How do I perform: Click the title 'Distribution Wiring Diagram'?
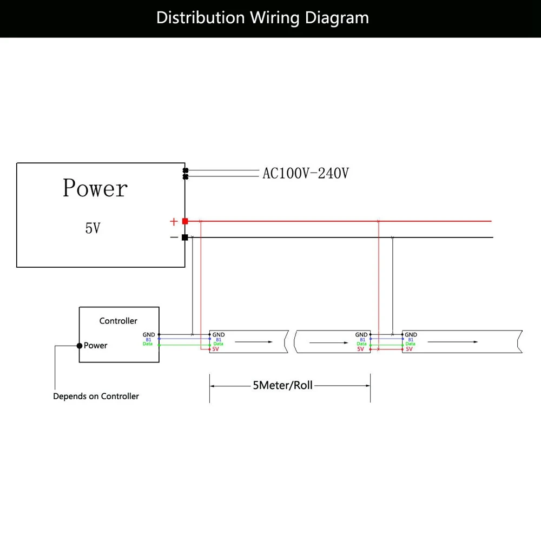pos(262,18)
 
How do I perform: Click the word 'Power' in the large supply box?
pos(95,188)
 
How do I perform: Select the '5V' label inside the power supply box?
pos(93,228)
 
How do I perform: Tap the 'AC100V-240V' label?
pos(306,173)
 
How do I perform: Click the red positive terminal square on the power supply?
pos(185,221)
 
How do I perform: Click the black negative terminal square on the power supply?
pos(185,237)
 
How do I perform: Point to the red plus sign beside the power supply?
pos(174,221)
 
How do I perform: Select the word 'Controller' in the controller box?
pos(118,321)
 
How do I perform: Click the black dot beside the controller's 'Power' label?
pos(80,346)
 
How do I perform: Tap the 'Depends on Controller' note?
pos(96,396)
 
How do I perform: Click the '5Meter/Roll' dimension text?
pos(282,385)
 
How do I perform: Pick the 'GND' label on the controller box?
pos(149,335)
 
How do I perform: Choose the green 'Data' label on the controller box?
pos(148,344)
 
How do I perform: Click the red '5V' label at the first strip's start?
pos(216,349)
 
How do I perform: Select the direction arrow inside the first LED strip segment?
pos(254,342)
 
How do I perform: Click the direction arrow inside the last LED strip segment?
pos(453,342)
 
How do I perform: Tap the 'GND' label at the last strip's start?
pos(411,335)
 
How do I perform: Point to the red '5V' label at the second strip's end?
pos(360,349)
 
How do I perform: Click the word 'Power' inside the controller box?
pos(96,345)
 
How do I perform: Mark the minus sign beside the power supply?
pos(174,237)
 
